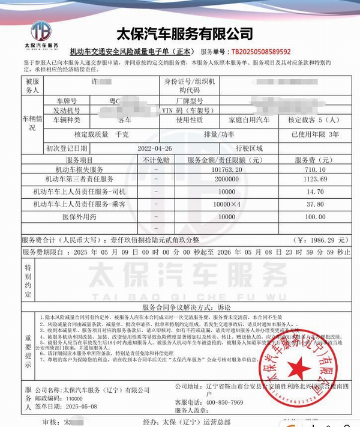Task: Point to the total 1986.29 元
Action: pos(325,239)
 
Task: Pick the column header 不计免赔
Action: pos(156,160)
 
